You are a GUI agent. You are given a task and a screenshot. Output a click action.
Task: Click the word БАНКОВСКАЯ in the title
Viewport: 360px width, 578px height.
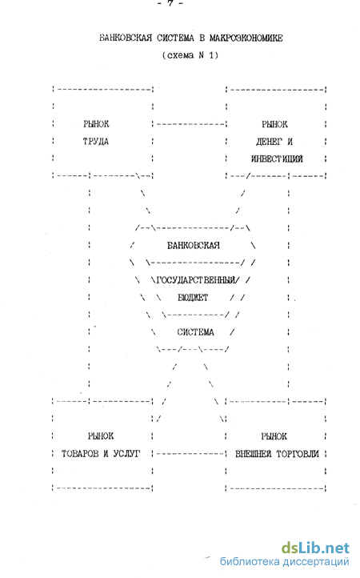(126, 38)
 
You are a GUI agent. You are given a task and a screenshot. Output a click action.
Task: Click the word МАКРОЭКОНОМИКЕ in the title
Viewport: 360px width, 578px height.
(246, 38)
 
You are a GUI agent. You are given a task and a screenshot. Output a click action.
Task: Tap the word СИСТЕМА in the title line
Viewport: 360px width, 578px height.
(175, 38)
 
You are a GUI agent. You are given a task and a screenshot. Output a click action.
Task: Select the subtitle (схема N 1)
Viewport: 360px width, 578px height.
(190, 55)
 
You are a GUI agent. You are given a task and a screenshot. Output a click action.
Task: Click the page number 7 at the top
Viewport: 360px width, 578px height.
(170, 3)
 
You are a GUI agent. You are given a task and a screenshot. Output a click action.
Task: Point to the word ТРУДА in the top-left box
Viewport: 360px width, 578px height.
(96, 142)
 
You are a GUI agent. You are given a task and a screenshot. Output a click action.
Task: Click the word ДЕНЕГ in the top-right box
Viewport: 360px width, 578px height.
(269, 142)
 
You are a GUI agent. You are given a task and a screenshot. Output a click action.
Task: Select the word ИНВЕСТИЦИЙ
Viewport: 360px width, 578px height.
(277, 159)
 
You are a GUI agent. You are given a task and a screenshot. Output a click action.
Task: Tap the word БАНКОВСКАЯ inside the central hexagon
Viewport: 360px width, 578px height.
(194, 246)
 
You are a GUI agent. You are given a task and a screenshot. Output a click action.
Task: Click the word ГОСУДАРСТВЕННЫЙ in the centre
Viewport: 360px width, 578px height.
(195, 280)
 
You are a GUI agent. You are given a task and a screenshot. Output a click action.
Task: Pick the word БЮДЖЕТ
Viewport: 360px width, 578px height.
(193, 298)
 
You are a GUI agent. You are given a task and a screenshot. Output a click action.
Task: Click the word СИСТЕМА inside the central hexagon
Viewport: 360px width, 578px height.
(196, 332)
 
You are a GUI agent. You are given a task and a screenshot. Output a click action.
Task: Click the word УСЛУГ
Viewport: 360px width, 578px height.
(127, 454)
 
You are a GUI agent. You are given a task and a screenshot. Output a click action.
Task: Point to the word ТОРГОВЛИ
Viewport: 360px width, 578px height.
(298, 454)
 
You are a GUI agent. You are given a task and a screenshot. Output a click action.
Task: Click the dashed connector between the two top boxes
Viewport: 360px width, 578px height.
(190, 124)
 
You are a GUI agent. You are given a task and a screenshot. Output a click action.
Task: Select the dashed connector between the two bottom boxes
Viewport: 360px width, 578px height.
(190, 454)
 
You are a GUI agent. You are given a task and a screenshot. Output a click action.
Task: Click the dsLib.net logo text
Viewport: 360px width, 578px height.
(315, 548)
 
